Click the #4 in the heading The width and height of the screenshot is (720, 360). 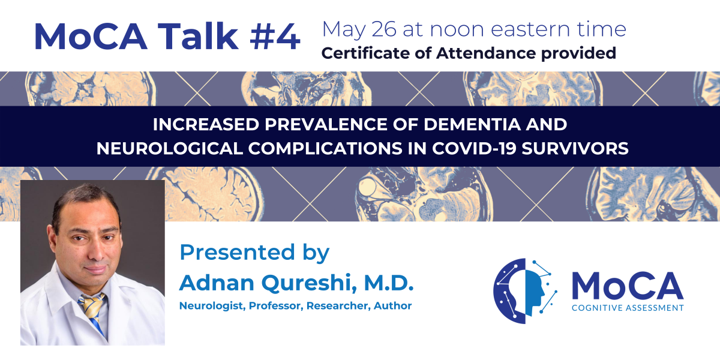tap(275, 37)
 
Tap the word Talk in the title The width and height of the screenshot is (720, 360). tap(198, 35)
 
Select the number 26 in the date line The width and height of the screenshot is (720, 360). tap(384, 29)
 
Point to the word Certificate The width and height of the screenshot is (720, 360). tap(365, 53)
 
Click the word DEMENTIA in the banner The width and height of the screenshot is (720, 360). tap(472, 124)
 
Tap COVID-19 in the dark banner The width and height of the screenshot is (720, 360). tap(474, 149)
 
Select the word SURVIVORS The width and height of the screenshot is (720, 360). tap(575, 149)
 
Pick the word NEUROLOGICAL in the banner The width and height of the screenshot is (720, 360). tap(169, 149)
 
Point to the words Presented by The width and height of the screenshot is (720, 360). tap(254, 253)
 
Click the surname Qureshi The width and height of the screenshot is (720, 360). tap(309, 283)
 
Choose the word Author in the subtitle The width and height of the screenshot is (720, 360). tap(393, 305)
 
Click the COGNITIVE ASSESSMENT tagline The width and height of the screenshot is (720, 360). tap(628, 308)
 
